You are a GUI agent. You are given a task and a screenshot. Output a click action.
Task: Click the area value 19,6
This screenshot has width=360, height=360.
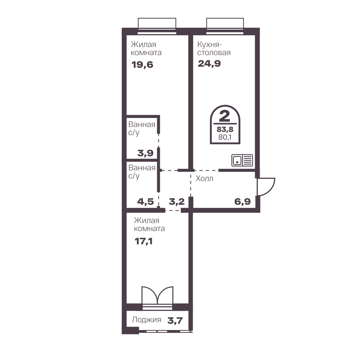[142, 65]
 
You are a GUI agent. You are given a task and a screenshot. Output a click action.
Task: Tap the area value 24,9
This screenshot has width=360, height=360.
[209, 64]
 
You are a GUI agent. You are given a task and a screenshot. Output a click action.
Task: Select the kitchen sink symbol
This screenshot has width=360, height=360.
[242, 160]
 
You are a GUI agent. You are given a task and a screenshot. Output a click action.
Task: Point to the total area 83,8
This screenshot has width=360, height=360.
[225, 130]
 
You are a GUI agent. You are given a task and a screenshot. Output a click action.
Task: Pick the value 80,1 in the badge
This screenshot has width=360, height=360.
[225, 137]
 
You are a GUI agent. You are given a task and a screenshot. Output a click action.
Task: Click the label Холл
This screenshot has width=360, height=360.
[204, 179]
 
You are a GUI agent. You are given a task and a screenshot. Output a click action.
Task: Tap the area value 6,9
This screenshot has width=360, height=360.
[242, 201]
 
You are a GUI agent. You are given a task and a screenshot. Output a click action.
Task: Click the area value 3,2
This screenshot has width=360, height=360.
[177, 202]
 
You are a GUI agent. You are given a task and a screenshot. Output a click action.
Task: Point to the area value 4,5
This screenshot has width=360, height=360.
[145, 202]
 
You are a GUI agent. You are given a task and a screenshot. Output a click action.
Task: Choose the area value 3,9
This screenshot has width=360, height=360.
[145, 153]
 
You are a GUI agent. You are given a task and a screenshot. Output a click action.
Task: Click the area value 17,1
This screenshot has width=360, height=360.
[144, 241]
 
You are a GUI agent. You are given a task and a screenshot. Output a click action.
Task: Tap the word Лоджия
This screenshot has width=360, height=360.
[147, 320]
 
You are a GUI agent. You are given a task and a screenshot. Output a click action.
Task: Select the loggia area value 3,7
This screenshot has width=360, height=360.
[175, 320]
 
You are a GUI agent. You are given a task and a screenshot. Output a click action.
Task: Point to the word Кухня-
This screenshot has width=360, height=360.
[209, 44]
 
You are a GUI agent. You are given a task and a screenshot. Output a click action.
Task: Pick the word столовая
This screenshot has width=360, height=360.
[214, 53]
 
